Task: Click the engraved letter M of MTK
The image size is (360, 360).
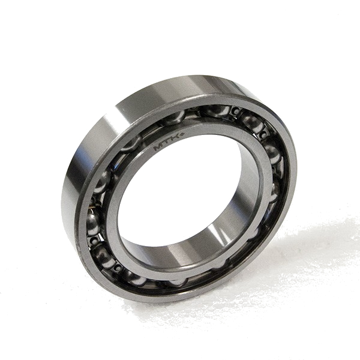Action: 158,147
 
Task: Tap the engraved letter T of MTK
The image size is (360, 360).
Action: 166,142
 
